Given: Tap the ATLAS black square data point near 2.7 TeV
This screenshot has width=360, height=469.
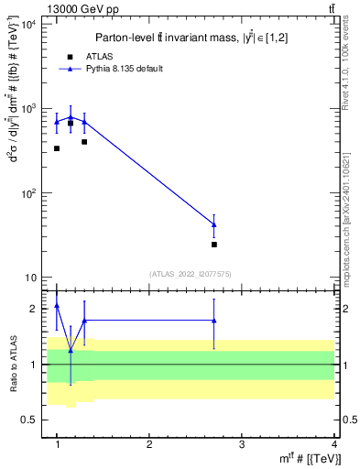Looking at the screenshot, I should pyautogui.click(x=214, y=245).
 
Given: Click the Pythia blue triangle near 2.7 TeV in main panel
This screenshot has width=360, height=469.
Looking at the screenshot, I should pyautogui.click(x=214, y=224).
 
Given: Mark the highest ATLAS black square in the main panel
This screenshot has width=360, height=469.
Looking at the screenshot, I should pyautogui.click(x=71, y=123).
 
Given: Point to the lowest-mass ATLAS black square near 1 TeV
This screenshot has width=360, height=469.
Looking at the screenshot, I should pyautogui.click(x=57, y=147).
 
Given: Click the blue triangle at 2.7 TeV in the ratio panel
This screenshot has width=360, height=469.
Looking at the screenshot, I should pyautogui.click(x=214, y=321).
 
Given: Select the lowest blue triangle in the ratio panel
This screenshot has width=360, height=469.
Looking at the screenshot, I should pyautogui.click(x=71, y=350).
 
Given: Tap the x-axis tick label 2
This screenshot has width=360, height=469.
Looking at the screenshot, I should pyautogui.click(x=149, y=444).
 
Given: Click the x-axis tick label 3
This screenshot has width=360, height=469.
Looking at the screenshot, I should pyautogui.click(x=242, y=444).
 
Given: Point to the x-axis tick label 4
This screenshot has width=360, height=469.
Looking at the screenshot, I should pyautogui.click(x=334, y=444).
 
